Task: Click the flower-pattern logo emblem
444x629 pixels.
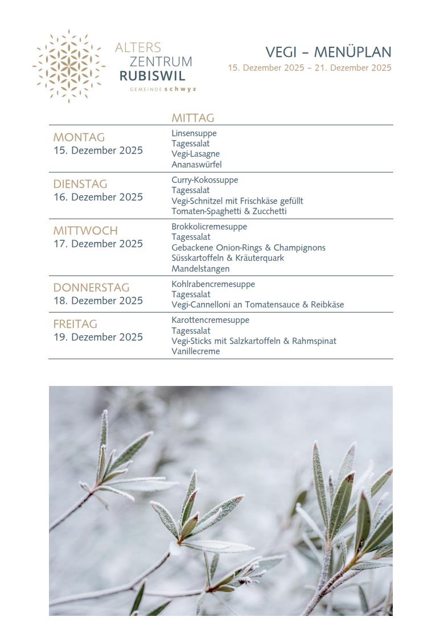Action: pyautogui.click(x=69, y=66)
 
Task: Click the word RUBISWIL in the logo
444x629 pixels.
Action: pyautogui.click(x=152, y=76)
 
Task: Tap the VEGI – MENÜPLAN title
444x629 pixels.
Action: pyautogui.click(x=328, y=52)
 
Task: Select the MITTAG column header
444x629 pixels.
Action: pyautogui.click(x=192, y=118)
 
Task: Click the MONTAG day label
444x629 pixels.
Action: pyautogui.click(x=79, y=137)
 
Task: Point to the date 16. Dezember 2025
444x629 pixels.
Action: pyautogui.click(x=98, y=197)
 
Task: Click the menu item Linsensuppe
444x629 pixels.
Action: pyautogui.click(x=194, y=133)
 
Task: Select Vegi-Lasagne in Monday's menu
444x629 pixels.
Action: pyautogui.click(x=195, y=154)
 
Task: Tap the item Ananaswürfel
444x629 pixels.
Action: pyautogui.click(x=196, y=165)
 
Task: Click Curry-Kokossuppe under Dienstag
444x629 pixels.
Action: pyautogui.click(x=204, y=180)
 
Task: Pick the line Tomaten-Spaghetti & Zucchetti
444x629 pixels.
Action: pyautogui.click(x=229, y=211)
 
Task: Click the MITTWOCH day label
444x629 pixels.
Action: pyautogui.click(x=85, y=231)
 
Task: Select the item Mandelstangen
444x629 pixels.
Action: pyautogui.click(x=200, y=269)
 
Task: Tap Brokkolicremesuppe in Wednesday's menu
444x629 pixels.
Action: pyautogui.click(x=209, y=227)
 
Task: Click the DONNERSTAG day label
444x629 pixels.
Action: pyautogui.click(x=91, y=287)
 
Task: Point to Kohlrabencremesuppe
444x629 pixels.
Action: pyautogui.click(x=213, y=284)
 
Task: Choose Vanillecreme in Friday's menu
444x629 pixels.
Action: pyautogui.click(x=195, y=351)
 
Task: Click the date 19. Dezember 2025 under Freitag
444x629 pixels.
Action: pyautogui.click(x=98, y=337)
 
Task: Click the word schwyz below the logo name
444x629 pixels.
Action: pyautogui.click(x=180, y=89)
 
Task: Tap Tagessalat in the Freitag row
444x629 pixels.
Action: pyautogui.click(x=191, y=331)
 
